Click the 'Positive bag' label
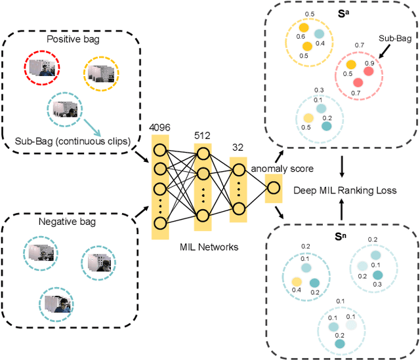72,39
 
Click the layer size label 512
202,135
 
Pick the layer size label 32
239,148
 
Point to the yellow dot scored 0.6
303,28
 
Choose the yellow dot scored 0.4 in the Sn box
297,281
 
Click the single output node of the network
272,189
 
